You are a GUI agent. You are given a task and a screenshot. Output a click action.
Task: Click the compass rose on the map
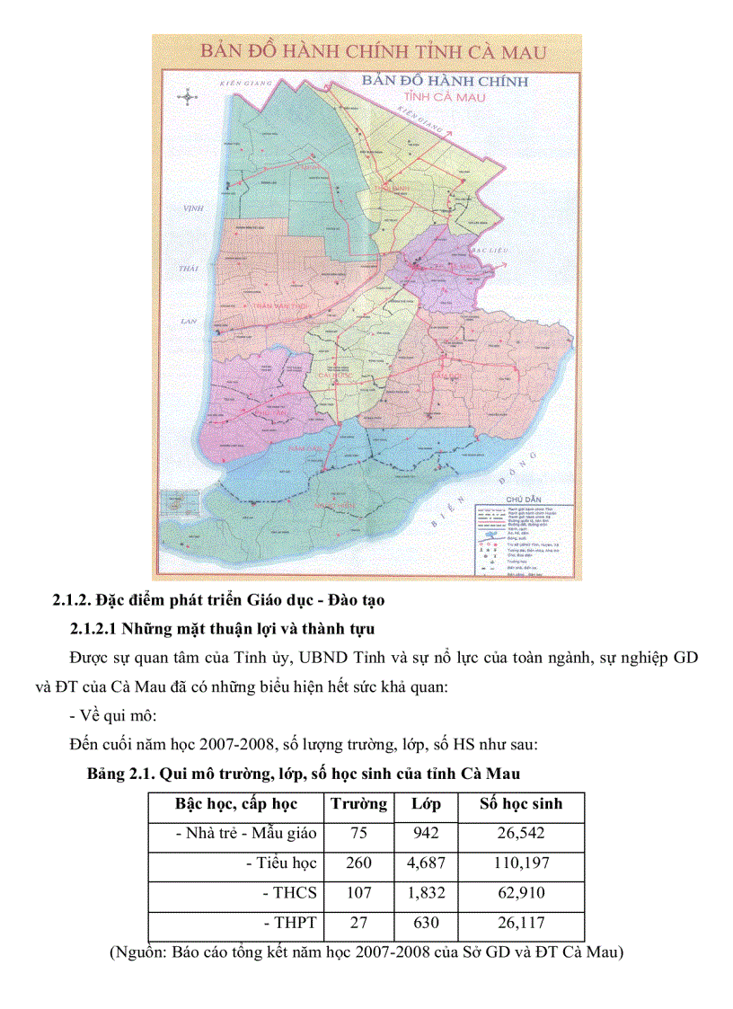point(188,96)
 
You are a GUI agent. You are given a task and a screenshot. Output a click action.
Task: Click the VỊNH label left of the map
point(190,208)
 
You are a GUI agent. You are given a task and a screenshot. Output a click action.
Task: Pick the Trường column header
point(358,804)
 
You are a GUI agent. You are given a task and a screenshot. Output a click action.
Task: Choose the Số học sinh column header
point(522,804)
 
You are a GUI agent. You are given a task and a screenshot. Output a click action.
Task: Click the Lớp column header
point(426,804)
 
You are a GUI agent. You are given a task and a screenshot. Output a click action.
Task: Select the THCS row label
point(290,893)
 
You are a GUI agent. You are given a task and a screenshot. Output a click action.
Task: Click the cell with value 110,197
point(522,863)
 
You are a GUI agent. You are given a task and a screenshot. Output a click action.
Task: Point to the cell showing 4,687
point(426,863)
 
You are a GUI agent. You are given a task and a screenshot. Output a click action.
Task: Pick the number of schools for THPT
point(358,923)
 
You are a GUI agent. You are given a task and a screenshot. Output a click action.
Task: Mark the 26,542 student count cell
point(522,834)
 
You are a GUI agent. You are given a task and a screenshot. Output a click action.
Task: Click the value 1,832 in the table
point(426,893)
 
